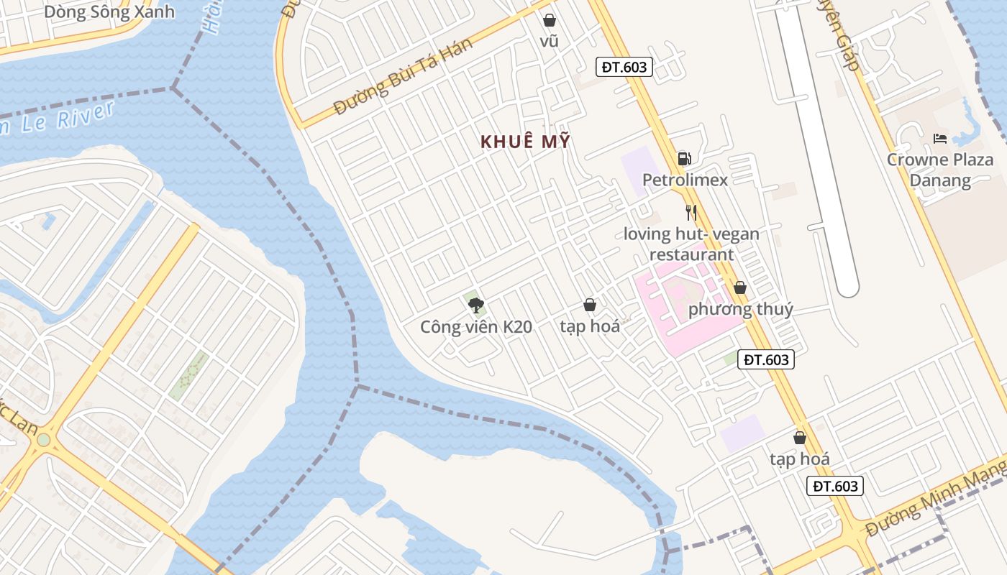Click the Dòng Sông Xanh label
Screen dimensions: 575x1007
tap(109, 11)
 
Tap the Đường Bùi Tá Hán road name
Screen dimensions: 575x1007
tap(404, 77)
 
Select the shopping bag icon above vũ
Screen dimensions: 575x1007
tap(550, 20)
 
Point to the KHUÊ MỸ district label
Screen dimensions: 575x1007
tap(525, 142)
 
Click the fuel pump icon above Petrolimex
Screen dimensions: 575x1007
tap(684, 159)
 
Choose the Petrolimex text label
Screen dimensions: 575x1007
tap(685, 180)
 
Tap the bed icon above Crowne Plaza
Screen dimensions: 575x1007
tap(939, 139)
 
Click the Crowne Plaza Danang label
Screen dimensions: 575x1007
tap(939, 170)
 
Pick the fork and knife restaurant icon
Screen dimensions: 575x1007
tap(691, 213)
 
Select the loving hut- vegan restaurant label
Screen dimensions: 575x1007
tap(691, 244)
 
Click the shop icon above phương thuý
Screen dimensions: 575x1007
tap(740, 288)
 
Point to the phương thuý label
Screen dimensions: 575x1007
tap(741, 310)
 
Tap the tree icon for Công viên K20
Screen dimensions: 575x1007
tap(475, 305)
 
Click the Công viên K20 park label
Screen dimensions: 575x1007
tap(476, 327)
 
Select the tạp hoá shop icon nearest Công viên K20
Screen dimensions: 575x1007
tap(590, 305)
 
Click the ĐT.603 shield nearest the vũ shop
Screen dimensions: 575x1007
tap(624, 68)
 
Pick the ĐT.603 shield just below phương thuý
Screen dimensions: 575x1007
tap(766, 359)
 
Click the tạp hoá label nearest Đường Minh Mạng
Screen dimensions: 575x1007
tap(799, 459)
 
